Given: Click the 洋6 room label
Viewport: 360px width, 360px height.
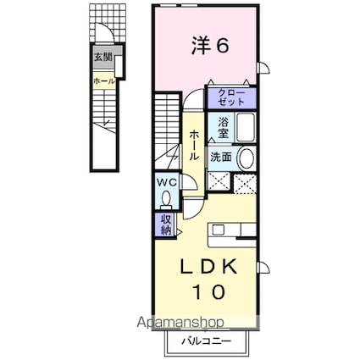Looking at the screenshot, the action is pyautogui.click(x=209, y=46).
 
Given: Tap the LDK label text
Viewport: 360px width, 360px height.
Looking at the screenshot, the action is pyautogui.click(x=209, y=268).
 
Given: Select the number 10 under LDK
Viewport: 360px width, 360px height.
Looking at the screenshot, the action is pyautogui.click(x=209, y=291).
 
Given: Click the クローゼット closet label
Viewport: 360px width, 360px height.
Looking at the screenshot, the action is pyautogui.click(x=231, y=97).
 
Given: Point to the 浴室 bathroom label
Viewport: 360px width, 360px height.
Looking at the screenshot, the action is pyautogui.click(x=224, y=128).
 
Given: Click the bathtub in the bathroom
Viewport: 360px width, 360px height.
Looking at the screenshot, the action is pyautogui.click(x=246, y=127).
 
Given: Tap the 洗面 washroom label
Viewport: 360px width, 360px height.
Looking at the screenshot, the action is pyautogui.click(x=221, y=158).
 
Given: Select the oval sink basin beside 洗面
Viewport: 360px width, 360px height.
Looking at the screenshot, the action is pyautogui.click(x=246, y=158).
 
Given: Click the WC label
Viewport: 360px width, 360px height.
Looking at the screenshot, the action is pyautogui.click(x=167, y=183).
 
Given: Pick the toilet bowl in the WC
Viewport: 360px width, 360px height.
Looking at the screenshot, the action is pyautogui.click(x=166, y=198).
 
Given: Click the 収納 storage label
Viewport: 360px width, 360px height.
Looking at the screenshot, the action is pyautogui.click(x=166, y=224).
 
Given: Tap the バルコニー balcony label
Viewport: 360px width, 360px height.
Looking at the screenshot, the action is pyautogui.click(x=207, y=341).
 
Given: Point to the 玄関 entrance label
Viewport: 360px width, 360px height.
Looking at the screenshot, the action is pyautogui.click(x=103, y=58).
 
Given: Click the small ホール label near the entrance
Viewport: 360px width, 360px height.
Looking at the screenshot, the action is pyautogui.click(x=104, y=81).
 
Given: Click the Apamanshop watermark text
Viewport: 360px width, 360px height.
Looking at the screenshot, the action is pyautogui.click(x=180, y=322).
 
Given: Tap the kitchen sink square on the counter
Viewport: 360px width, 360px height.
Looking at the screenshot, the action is pyautogui.click(x=219, y=230).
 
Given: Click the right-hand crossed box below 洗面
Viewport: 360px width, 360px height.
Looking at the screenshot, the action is pyautogui.click(x=245, y=184).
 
